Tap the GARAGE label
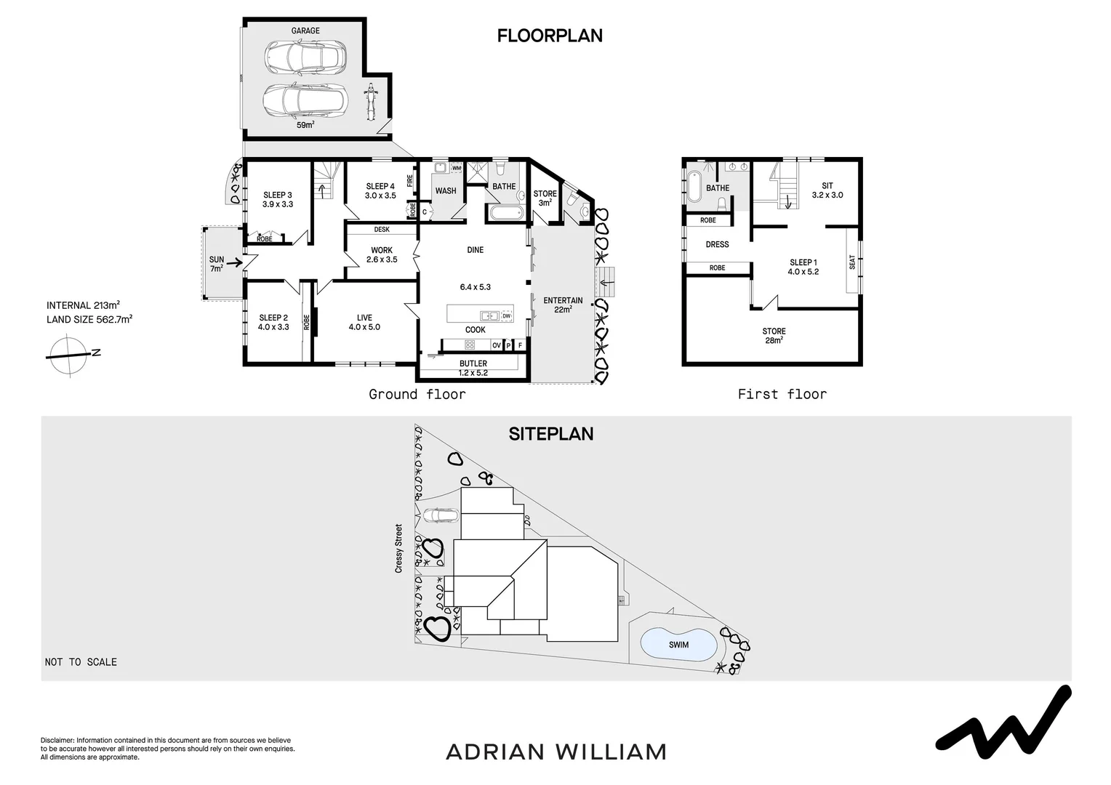[305, 31]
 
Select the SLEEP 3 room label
[278, 199]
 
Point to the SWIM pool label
[678, 645]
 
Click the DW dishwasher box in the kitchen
[506, 316]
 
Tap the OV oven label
[497, 345]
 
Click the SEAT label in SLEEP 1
[852, 262]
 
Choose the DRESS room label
[717, 244]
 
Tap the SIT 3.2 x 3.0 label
[827, 190]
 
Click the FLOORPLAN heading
[550, 36]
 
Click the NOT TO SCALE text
[81, 662]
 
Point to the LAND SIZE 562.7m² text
[89, 319]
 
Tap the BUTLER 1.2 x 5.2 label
[473, 368]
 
